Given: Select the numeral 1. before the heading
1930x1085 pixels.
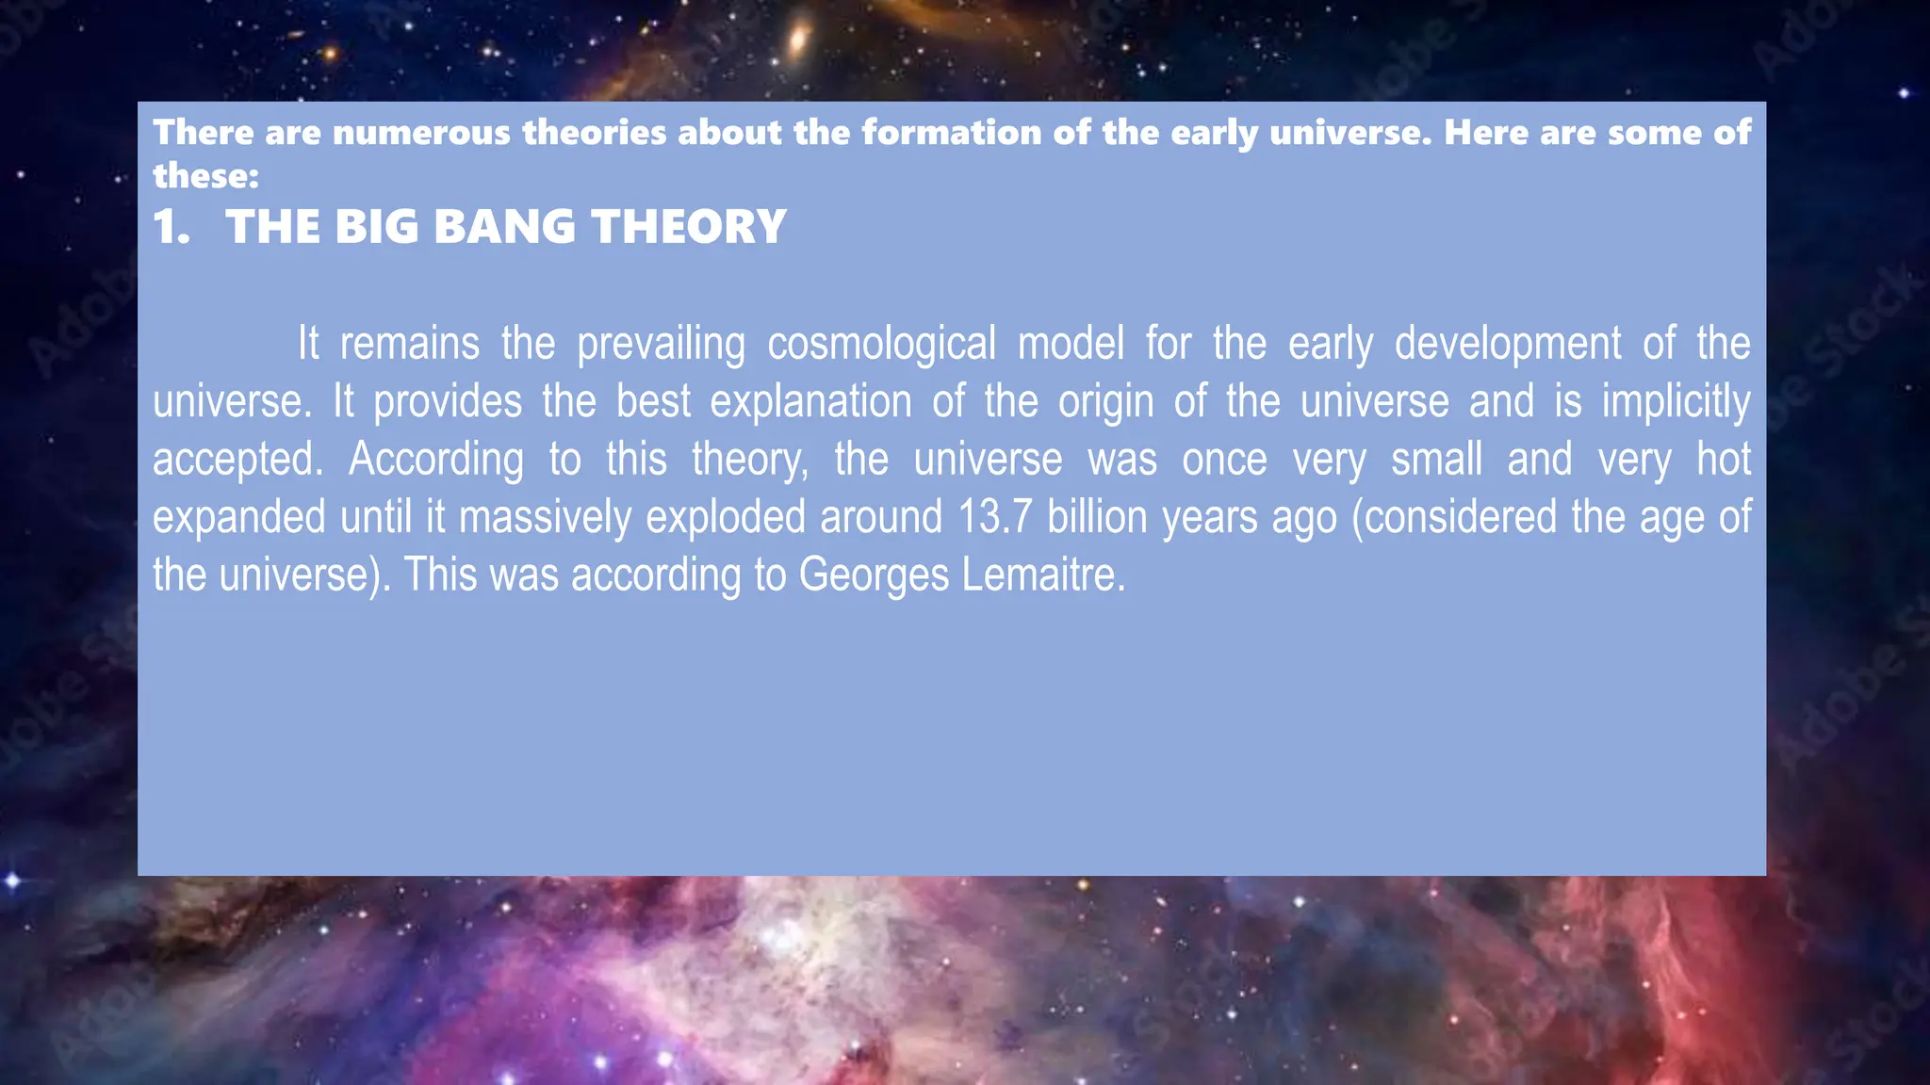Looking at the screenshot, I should pos(171,227).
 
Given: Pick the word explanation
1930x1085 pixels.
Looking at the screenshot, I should pos(810,402).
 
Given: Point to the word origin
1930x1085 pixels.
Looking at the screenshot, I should pos(1105,402).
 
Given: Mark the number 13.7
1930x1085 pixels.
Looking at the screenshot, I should pos(995,518).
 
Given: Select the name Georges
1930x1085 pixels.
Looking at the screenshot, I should pos(874,575).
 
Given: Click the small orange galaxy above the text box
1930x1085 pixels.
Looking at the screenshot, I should pos(798,40).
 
